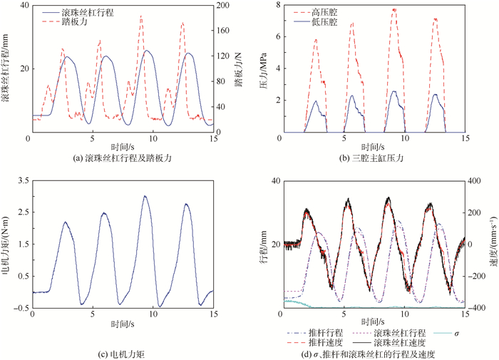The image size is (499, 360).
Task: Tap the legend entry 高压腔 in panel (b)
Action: (x=324, y=13)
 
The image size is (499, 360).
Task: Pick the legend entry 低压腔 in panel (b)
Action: (x=324, y=23)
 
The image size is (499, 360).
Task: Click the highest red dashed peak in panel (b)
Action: (x=393, y=9)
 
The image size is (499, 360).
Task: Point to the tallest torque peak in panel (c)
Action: (x=145, y=196)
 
